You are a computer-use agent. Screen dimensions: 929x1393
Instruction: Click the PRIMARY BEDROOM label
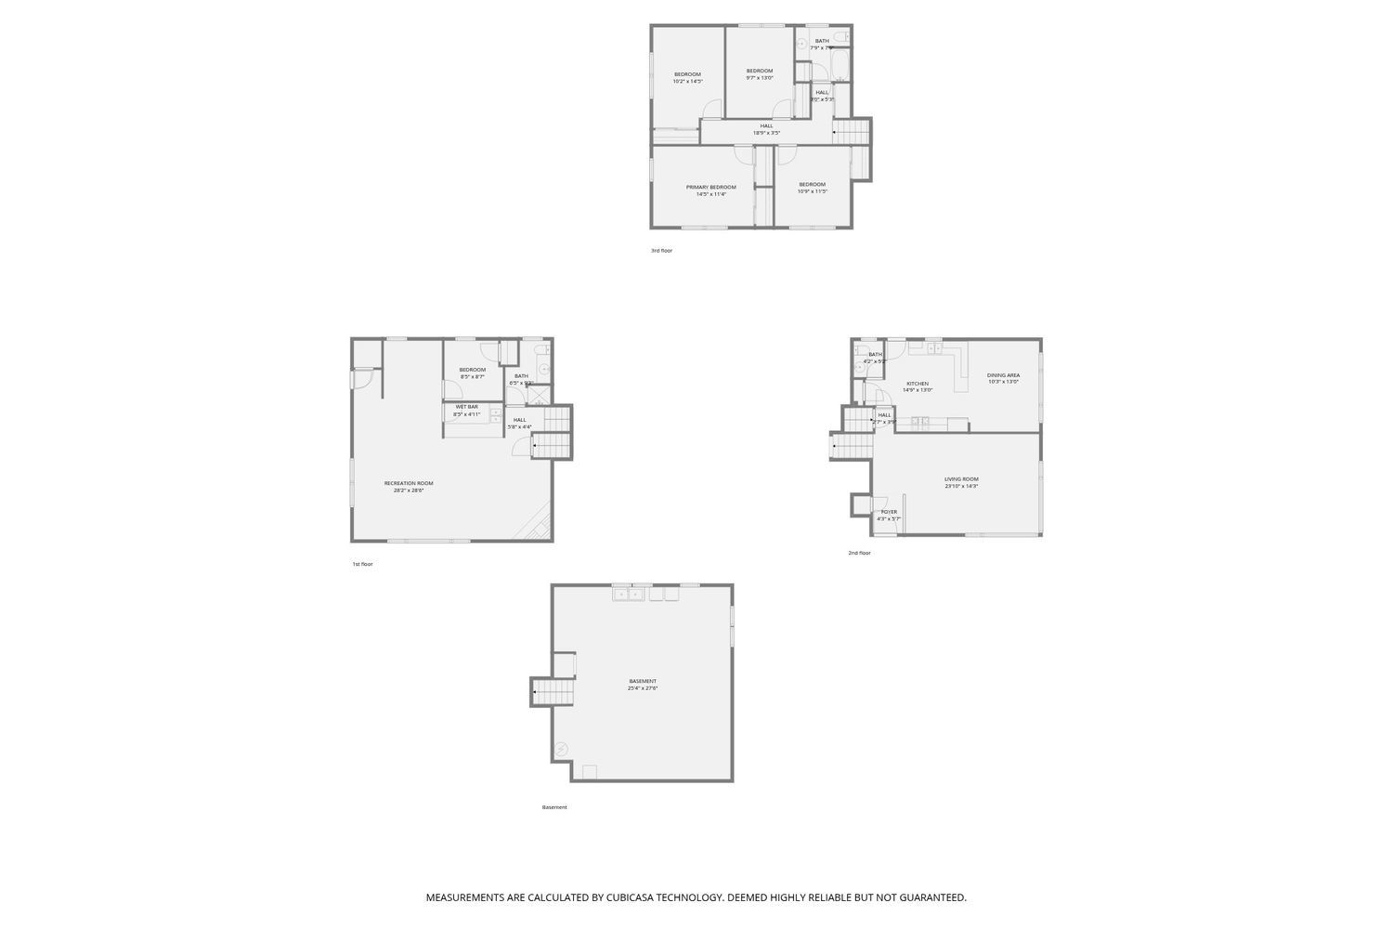710,187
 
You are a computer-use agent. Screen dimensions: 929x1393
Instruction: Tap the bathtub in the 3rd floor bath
840,65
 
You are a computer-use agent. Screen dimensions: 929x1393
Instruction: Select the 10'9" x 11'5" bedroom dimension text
812,191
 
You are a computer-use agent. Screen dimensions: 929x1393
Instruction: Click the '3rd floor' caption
661,251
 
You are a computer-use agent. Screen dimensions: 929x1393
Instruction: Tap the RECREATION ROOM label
409,483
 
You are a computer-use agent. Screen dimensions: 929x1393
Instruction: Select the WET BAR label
466,407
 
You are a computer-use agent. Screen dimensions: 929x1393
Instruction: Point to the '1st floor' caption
362,564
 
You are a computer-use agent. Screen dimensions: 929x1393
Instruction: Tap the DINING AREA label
1003,375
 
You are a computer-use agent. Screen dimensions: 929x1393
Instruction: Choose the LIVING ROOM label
961,479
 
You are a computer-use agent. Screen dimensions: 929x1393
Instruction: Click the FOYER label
889,512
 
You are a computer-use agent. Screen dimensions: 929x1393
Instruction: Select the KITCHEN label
918,384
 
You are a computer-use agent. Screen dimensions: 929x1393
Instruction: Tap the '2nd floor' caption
859,553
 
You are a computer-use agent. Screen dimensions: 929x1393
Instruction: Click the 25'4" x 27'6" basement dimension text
642,688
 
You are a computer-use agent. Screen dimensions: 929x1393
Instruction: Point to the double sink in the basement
629,594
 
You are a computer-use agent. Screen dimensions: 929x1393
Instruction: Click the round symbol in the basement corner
561,749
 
